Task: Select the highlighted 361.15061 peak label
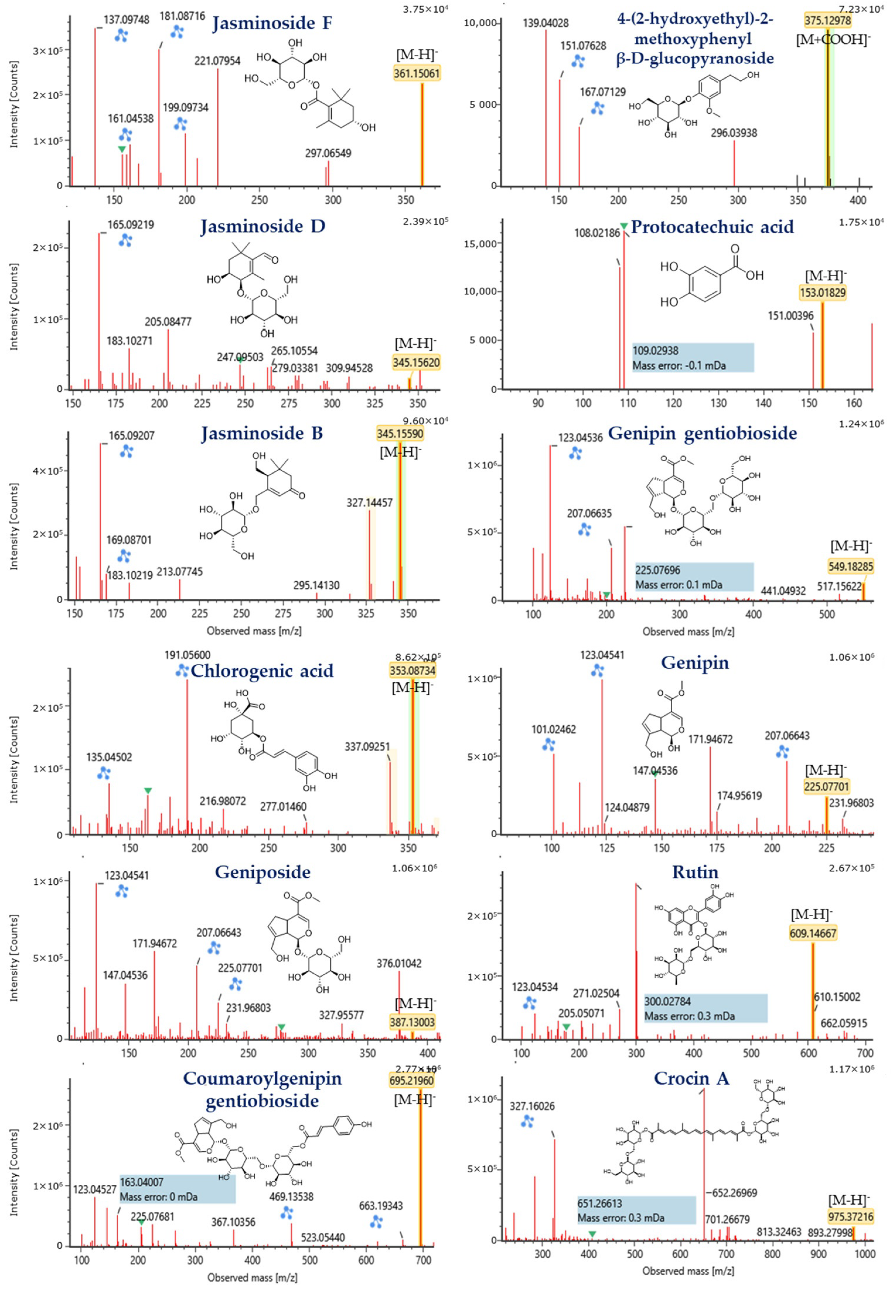416,73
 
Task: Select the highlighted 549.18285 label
851,567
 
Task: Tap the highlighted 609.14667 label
813,933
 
